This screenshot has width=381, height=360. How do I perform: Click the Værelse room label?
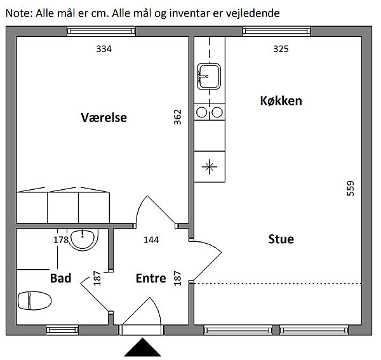[104, 117]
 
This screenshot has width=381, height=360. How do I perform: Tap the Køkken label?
[281, 100]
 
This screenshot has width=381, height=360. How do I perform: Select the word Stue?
[281, 239]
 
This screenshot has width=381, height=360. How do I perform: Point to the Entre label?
[151, 278]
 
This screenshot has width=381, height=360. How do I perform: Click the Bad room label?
[60, 278]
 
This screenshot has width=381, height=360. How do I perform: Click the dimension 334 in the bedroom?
[104, 49]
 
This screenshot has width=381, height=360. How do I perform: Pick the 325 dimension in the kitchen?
[281, 49]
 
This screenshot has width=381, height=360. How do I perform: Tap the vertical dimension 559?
[351, 189]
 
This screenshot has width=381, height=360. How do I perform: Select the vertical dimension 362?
[178, 117]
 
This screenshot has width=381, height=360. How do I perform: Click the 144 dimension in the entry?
[151, 240]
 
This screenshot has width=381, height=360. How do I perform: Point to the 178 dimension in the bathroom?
[61, 240]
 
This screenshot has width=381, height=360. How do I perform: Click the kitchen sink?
[209, 76]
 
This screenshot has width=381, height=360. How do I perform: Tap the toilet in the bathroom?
[34, 301]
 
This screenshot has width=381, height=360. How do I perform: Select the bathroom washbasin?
[83, 241]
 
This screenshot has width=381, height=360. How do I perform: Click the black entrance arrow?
[143, 347]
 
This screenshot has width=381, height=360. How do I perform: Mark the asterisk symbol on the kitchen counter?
[210, 166]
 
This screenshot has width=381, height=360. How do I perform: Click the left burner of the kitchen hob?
[202, 112]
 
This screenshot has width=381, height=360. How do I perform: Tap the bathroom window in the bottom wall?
[62, 330]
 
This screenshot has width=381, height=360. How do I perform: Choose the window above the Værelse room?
[102, 31]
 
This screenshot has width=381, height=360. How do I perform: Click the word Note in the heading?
[17, 13]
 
